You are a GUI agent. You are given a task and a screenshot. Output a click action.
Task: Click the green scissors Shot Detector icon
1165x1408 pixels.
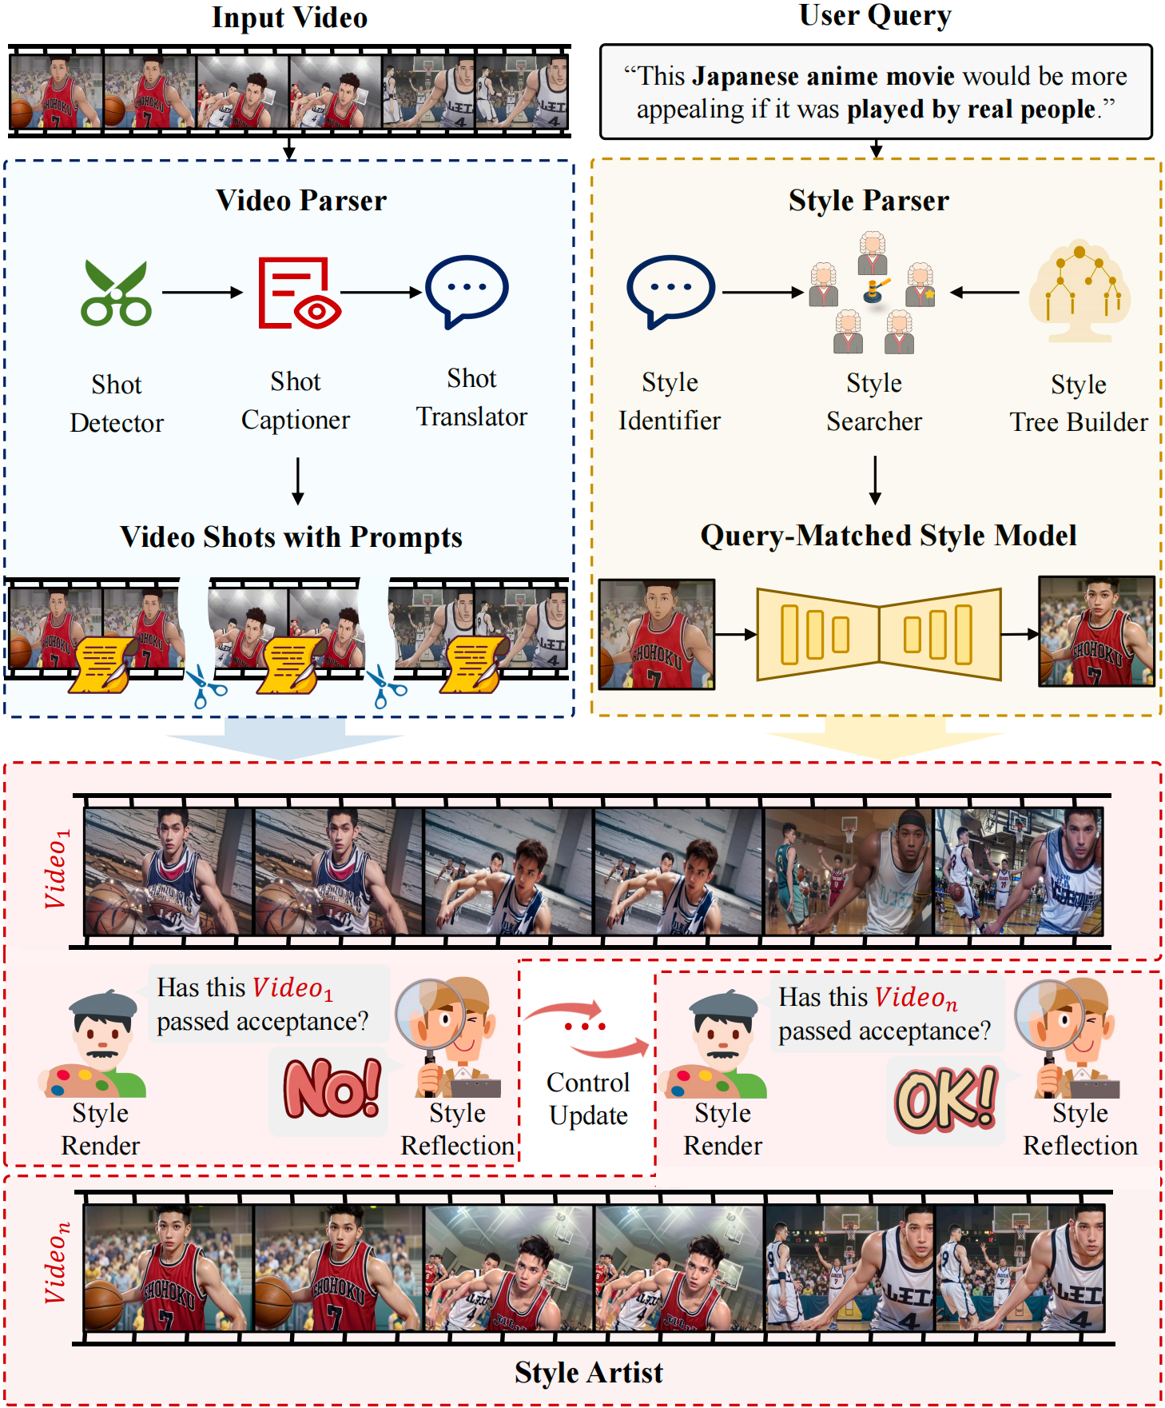117,293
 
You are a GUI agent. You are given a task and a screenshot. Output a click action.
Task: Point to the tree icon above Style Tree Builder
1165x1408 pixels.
1080,291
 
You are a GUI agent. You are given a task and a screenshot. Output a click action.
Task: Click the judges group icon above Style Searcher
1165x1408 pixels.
873,293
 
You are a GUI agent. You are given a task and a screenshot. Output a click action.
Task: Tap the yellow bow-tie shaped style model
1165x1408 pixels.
878,635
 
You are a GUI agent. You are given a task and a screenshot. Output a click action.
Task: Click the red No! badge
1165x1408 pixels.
332,1088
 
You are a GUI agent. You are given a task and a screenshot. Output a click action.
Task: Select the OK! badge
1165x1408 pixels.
946,1099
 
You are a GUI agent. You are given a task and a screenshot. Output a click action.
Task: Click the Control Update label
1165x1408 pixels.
588,1099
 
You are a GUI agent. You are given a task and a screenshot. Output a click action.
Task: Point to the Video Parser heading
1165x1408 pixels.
301,201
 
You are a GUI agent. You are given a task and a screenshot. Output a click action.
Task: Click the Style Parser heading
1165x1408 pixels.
869,201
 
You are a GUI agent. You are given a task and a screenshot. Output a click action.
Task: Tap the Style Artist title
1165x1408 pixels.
589,1372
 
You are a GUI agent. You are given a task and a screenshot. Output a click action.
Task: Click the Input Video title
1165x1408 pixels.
289,18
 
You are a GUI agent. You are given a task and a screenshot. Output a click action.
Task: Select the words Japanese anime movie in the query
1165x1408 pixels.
824,76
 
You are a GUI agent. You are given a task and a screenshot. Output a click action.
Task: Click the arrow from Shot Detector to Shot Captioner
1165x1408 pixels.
203,293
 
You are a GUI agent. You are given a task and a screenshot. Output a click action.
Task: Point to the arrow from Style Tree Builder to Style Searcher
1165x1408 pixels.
984,293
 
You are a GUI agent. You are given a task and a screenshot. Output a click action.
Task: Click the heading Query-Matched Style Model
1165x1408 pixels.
889,536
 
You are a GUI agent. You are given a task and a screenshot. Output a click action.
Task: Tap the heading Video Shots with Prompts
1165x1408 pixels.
291,537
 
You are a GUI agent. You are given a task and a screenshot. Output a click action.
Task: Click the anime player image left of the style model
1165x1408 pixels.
657,635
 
